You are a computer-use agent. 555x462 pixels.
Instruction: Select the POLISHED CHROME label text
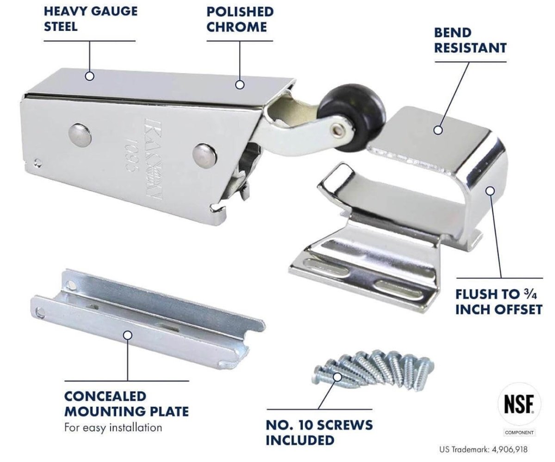pyautogui.click(x=240, y=19)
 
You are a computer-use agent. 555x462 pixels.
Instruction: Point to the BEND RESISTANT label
pyautogui.click(x=469, y=40)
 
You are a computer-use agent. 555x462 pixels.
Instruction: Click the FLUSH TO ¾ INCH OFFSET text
pyautogui.click(x=498, y=302)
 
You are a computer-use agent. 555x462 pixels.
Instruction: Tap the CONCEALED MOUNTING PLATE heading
pyautogui.click(x=126, y=403)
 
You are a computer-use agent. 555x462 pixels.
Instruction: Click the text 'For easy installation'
pyautogui.click(x=113, y=427)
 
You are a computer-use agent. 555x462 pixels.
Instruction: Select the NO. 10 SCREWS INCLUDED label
pyautogui.click(x=319, y=432)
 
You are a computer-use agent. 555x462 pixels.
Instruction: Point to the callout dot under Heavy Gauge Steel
pyautogui.click(x=90, y=76)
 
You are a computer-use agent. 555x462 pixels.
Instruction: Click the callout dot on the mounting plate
pyautogui.click(x=128, y=335)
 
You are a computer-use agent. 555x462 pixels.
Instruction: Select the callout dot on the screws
pyautogui.click(x=338, y=377)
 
